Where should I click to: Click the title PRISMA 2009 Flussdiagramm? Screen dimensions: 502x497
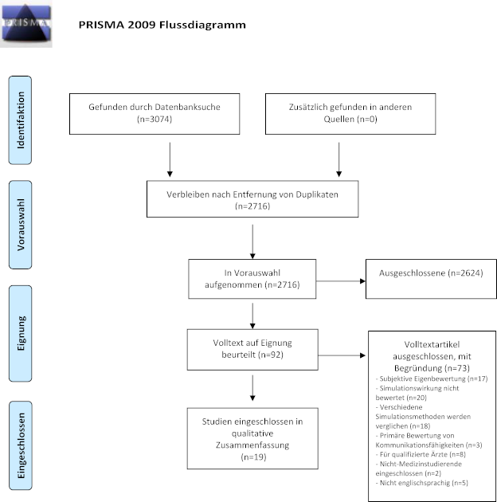[162, 25]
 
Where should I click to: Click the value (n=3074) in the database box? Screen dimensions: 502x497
[153, 120]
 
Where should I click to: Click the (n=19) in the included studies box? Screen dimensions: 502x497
[252, 457]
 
